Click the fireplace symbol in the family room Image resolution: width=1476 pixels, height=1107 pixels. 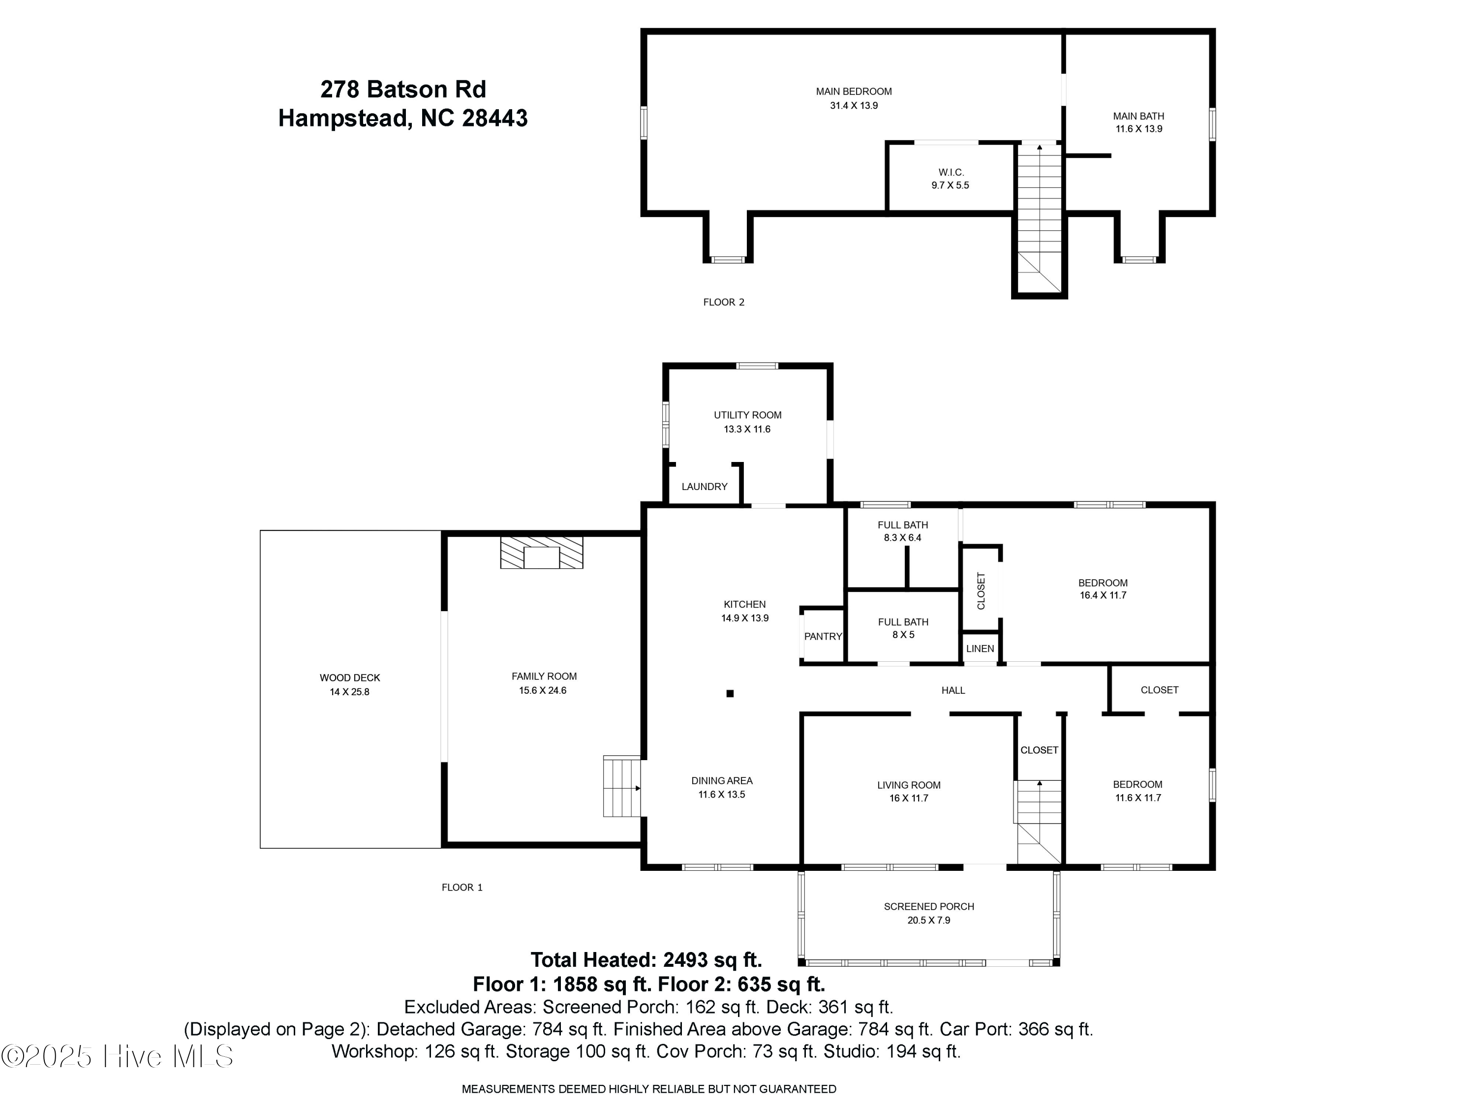click(x=541, y=553)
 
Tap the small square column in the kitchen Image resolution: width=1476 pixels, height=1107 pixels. click(x=730, y=693)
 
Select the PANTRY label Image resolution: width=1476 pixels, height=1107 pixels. click(x=823, y=637)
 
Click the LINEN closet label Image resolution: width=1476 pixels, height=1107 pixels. click(x=980, y=648)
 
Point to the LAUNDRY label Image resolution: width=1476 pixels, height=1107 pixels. click(x=704, y=487)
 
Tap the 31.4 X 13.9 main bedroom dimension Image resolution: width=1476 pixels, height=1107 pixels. click(x=854, y=105)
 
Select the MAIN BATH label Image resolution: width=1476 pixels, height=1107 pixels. click(x=1138, y=116)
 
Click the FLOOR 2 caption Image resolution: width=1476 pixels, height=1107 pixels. click(x=723, y=302)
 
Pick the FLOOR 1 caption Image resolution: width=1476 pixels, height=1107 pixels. click(x=462, y=888)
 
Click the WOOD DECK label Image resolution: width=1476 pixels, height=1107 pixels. click(x=350, y=678)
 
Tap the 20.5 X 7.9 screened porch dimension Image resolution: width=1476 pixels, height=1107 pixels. click(x=928, y=920)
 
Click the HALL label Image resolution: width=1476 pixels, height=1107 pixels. click(x=953, y=691)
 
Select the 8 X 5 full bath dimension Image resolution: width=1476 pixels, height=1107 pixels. click(x=903, y=635)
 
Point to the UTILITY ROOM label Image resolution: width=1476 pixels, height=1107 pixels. click(x=747, y=415)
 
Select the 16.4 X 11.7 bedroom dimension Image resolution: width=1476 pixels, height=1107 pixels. click(x=1103, y=595)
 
